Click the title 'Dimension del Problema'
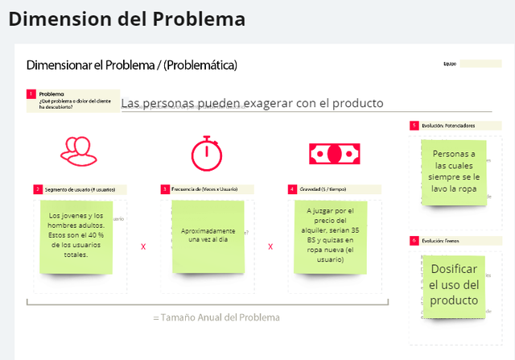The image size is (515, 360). (127, 18)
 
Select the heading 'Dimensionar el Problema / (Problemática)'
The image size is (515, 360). (131, 64)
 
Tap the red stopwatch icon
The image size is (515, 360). (206, 151)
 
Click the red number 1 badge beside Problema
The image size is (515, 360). (31, 94)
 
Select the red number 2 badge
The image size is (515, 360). (38, 189)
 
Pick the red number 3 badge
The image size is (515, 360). (165, 189)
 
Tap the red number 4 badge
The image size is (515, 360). (292, 189)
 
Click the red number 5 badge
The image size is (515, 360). (414, 126)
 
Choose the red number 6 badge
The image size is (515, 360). (414, 240)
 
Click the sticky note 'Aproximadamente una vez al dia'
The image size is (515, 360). (208, 235)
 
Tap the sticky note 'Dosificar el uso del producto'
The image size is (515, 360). (455, 285)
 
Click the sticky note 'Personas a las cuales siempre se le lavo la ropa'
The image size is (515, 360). (454, 172)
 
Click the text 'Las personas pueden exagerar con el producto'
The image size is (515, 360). (252, 103)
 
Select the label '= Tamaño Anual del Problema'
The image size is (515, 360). (216, 317)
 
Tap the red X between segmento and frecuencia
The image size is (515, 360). (143, 246)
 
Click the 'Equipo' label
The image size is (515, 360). (449, 64)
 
